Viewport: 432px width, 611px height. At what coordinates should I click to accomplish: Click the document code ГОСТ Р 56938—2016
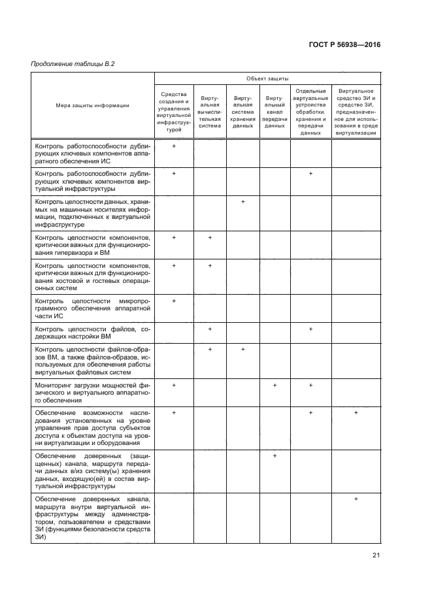point(344,44)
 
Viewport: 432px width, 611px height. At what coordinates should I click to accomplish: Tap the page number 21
point(376,555)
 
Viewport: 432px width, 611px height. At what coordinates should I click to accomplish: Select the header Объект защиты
point(267,78)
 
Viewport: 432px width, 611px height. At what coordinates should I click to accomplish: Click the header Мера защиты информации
point(92,105)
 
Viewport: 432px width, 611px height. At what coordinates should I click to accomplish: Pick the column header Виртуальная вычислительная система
point(210,112)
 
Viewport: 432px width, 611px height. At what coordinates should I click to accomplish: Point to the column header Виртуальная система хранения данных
point(242,112)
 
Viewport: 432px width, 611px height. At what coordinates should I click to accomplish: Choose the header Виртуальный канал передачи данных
point(274,112)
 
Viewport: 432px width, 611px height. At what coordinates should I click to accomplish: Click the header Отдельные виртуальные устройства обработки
point(310,112)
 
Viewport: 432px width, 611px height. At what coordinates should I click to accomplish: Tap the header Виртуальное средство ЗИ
point(356,112)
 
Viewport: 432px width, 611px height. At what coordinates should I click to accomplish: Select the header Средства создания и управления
point(174,112)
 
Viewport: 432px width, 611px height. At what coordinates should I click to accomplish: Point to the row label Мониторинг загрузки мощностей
point(92,392)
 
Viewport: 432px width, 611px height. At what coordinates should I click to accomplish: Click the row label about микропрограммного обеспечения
point(92,308)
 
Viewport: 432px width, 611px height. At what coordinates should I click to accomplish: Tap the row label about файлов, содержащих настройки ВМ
point(92,333)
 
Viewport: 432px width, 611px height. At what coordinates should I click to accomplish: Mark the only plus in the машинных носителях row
point(242,202)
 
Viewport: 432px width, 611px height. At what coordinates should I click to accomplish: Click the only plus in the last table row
point(356,499)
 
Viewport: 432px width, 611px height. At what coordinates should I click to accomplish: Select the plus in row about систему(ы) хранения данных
point(274,455)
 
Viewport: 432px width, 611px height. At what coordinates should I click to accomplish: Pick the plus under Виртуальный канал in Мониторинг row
point(274,386)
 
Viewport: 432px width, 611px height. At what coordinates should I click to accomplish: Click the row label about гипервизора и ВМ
point(92,244)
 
